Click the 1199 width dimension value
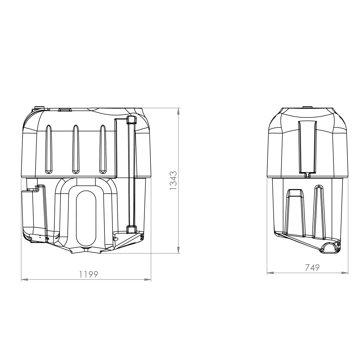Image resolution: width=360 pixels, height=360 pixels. [89, 274]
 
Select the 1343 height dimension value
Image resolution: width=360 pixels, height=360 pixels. [174, 180]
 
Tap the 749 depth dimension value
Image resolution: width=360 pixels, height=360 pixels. [312, 268]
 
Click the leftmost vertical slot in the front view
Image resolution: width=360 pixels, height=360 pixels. [48, 148]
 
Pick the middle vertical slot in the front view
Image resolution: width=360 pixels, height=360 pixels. [76, 148]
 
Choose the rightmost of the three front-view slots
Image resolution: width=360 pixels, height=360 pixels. [103, 148]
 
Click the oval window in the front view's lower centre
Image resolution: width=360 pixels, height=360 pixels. [86, 218]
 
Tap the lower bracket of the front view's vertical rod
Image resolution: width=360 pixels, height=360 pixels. [131, 229]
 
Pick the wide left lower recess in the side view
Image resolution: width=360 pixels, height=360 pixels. [295, 212]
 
